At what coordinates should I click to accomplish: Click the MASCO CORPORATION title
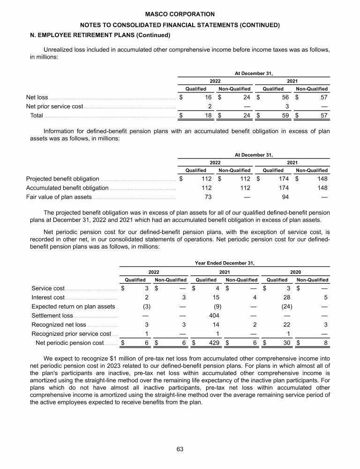tap(180, 15)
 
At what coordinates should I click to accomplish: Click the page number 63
tap(180, 449)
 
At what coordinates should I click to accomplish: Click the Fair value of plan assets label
tap(59, 197)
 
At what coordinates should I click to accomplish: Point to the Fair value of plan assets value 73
tap(208, 197)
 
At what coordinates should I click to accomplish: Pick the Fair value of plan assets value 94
tap(285, 197)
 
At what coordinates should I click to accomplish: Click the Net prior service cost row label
tap(54, 106)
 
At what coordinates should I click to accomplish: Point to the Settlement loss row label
tap(52, 316)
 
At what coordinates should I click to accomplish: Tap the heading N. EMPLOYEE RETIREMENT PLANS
tap(98, 35)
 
